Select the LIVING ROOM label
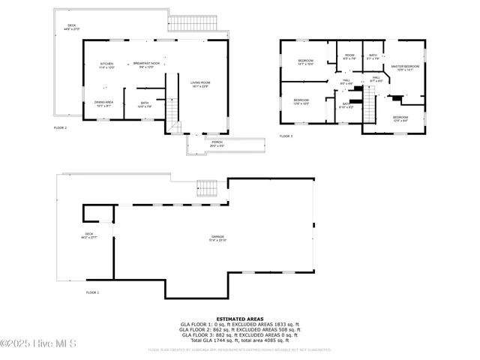tap(199, 84)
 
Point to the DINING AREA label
tap(104, 103)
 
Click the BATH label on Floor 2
tap(145, 105)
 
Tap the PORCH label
tap(217, 143)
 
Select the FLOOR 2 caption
tap(60, 128)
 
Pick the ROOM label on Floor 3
tap(349, 56)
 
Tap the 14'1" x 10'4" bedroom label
tap(305, 62)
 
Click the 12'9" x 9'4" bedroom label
tap(400, 118)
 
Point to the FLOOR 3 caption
tap(286, 136)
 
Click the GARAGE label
tap(217, 238)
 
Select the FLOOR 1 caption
tap(92, 292)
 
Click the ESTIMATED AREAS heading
tap(239, 318)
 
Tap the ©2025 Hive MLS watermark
tap(38, 344)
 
